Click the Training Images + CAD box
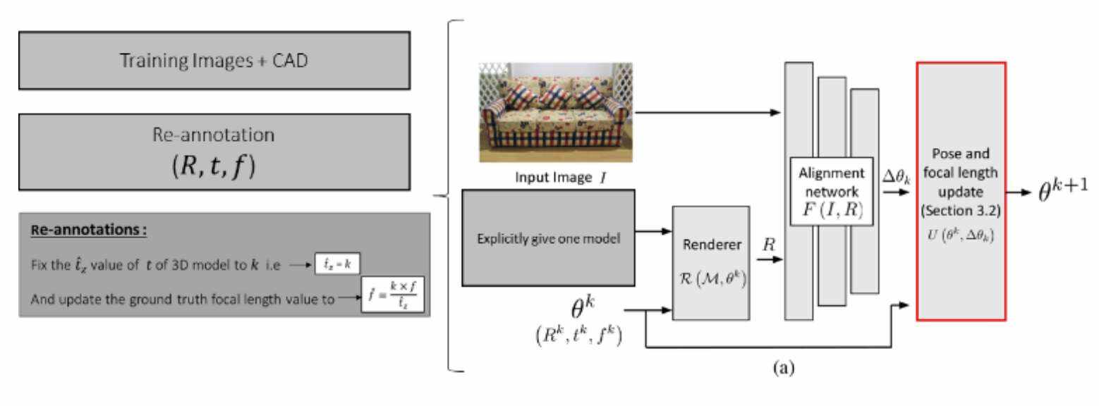214,60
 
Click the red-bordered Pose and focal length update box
960,191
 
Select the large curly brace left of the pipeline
451,194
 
